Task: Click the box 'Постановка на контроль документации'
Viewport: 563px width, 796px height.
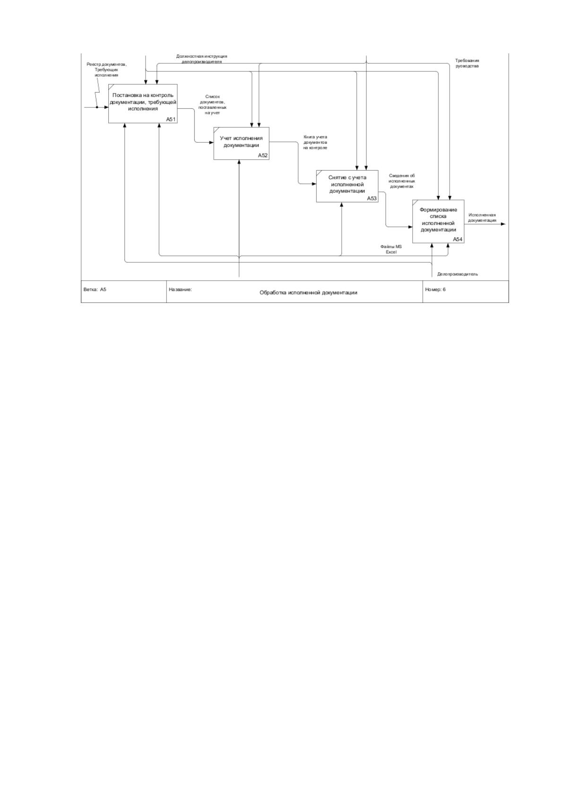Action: (143, 104)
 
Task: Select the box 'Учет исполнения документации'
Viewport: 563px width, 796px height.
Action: (242, 143)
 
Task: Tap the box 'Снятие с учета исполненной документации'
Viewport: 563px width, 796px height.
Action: (347, 186)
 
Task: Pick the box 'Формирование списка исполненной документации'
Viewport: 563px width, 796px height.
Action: (438, 221)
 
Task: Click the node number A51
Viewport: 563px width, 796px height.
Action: (171, 119)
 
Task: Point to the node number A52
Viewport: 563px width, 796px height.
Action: (263, 156)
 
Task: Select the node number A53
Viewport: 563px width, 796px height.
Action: (372, 198)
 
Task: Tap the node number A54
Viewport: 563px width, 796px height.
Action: (458, 239)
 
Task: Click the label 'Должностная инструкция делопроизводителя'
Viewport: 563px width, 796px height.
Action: (201, 59)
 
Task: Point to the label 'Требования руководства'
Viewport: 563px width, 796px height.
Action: (467, 63)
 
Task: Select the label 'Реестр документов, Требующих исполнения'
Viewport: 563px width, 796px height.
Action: (107, 69)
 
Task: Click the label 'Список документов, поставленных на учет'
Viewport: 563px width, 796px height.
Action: (213, 104)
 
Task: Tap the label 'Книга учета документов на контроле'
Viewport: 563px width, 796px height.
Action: (315, 142)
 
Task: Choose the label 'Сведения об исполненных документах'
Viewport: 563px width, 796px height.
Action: (402, 181)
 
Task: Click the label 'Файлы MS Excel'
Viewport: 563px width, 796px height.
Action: (391, 249)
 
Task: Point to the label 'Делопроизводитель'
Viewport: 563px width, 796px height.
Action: (458, 274)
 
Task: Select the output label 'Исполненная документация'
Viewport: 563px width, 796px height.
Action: (482, 217)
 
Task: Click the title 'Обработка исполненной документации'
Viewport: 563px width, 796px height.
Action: (308, 293)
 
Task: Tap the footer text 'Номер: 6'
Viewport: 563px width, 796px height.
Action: (435, 289)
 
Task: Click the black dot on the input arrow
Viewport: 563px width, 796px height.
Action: (97, 107)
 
